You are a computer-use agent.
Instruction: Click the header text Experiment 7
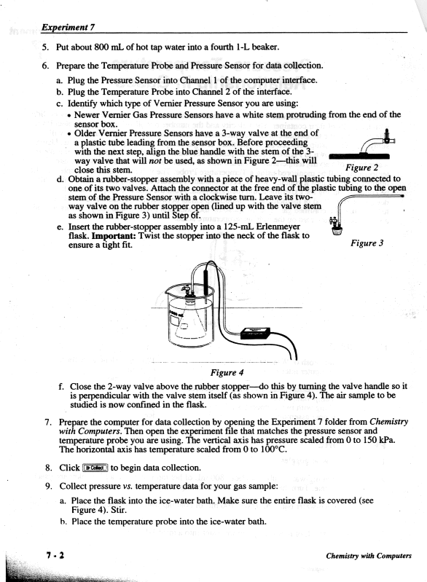(x=68, y=27)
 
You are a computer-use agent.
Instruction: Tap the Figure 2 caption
(x=361, y=168)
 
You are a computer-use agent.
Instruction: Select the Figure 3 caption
(x=367, y=243)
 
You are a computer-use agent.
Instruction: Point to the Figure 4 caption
(x=227, y=372)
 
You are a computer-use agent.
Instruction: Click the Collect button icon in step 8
(x=95, y=468)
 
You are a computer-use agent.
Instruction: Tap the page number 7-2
(x=55, y=556)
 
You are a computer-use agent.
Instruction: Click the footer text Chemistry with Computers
(x=369, y=556)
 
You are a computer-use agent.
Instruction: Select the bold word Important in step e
(x=114, y=236)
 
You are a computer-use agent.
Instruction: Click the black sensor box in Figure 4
(x=256, y=333)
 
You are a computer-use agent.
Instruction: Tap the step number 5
(x=46, y=47)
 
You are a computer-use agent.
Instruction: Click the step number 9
(x=49, y=487)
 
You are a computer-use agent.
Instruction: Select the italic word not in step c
(x=154, y=161)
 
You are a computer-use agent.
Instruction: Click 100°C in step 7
(x=273, y=449)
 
